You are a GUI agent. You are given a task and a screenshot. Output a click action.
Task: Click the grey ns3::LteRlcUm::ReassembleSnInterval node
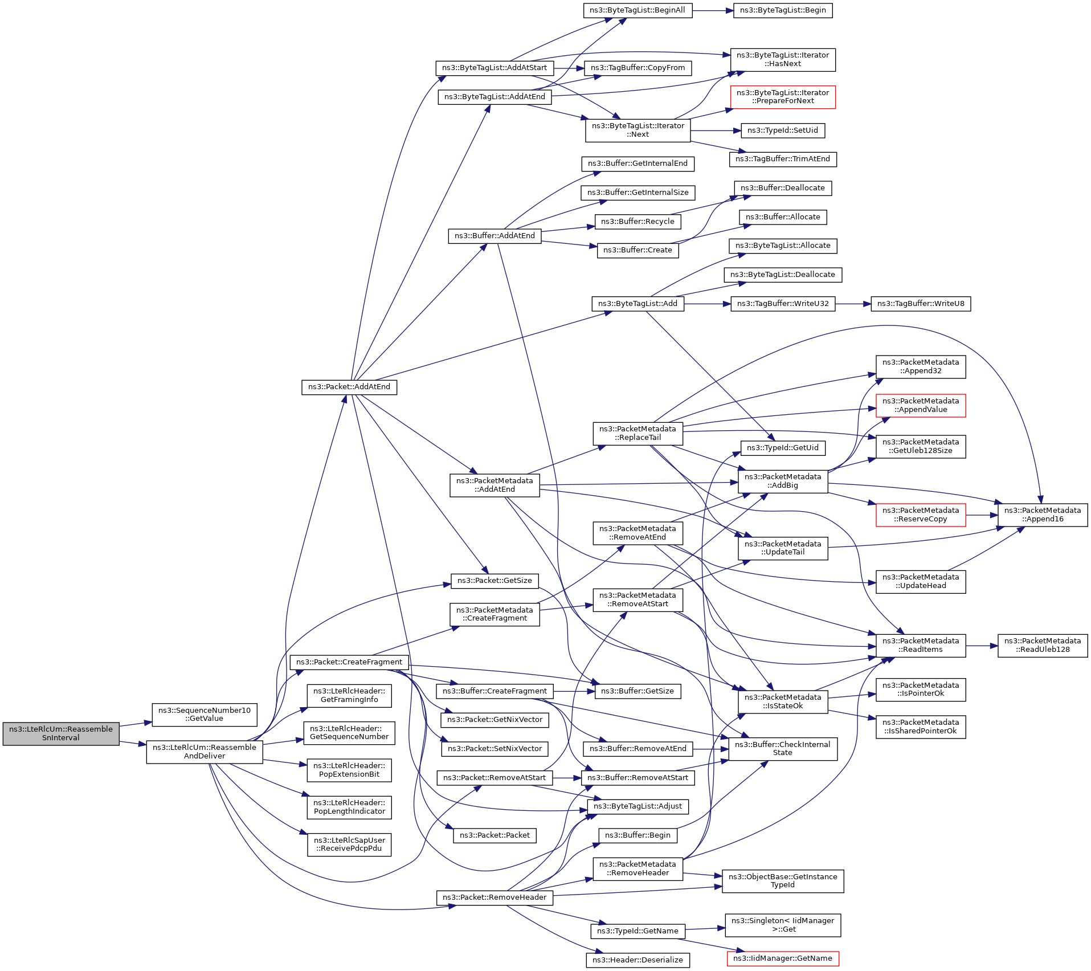pos(61,733)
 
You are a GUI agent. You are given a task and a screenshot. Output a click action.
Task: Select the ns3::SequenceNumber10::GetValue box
pos(205,715)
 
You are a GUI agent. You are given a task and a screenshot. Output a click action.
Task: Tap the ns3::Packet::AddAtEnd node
pos(349,387)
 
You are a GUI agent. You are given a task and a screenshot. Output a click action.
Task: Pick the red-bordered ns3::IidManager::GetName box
pos(783,958)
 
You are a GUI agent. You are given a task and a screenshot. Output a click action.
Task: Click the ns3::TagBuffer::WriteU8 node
pos(921,304)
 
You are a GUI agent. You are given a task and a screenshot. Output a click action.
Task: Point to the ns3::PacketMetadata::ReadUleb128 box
pos(1043,646)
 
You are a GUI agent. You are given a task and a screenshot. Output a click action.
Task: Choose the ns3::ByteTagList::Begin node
pos(783,10)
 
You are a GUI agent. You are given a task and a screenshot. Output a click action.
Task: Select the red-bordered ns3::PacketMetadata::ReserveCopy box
pos(921,515)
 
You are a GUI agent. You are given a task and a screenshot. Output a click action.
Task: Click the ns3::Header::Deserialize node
pos(638,960)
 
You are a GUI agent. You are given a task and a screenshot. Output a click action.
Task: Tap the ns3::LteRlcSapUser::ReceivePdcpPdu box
pos(349,844)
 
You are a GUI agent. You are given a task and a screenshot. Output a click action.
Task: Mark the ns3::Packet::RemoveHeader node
pos(495,897)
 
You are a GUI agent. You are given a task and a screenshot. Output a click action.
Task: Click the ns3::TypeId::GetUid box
pos(783,448)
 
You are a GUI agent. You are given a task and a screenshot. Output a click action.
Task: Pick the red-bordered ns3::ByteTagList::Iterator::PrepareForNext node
pos(783,97)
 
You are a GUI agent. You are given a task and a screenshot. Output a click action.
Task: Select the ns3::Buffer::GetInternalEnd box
pos(638,164)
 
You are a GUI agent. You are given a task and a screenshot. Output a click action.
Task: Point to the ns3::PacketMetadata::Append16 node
pos(1043,515)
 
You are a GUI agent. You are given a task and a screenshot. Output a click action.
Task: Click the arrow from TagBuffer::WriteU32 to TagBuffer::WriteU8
pos(853,304)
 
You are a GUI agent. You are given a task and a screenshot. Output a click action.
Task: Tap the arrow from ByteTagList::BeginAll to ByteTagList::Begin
pos(713,10)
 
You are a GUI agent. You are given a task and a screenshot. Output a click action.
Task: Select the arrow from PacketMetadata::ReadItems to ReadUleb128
pos(982,646)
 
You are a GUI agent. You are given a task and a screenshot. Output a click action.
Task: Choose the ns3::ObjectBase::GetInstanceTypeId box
pos(783,881)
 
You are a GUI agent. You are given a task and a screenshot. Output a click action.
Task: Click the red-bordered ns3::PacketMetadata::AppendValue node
pos(921,405)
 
